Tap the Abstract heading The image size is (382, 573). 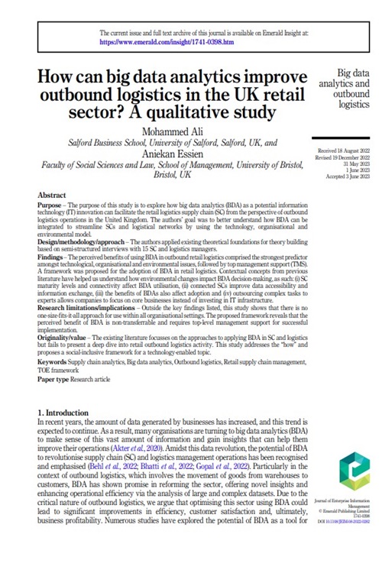pos(51,196)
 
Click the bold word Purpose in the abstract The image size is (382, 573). pos(50,207)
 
